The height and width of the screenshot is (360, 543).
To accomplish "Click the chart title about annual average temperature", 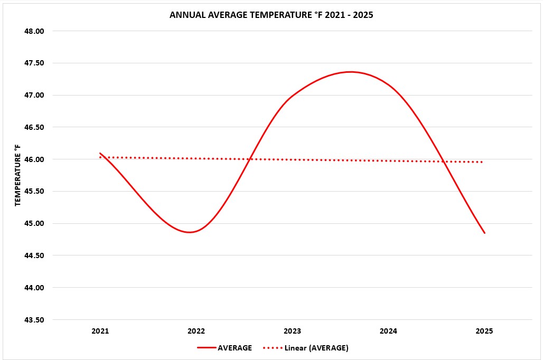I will click(x=271, y=15).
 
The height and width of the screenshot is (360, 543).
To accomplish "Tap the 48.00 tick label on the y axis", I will click(x=34, y=31).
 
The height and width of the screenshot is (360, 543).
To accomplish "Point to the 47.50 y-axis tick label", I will click(x=34, y=63).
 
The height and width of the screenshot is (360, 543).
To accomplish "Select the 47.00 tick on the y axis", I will click(x=34, y=96).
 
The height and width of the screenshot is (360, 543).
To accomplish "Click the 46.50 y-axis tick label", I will click(x=34, y=128).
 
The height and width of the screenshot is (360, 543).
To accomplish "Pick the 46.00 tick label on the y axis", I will click(x=34, y=159).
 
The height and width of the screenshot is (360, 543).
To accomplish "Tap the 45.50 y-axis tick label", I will click(x=34, y=192).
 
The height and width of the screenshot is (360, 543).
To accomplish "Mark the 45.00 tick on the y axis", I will click(x=34, y=224).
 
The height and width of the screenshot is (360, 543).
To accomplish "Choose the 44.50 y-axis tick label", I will click(x=34, y=255).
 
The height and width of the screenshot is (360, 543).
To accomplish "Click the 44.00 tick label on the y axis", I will click(x=34, y=288).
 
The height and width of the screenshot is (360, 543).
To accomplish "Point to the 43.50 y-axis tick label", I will click(x=34, y=320).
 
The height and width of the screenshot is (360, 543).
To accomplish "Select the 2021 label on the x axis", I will click(x=100, y=331).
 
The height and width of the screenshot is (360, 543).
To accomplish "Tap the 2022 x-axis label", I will click(x=196, y=331).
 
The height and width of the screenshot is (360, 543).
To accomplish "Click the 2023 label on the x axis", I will click(x=292, y=331).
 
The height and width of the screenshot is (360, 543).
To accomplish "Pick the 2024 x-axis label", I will click(x=388, y=331).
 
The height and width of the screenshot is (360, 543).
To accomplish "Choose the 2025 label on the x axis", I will click(x=484, y=331).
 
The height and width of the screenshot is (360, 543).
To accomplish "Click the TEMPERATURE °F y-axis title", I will click(x=17, y=175).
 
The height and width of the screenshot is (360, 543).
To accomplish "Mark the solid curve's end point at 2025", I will click(x=484, y=233).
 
